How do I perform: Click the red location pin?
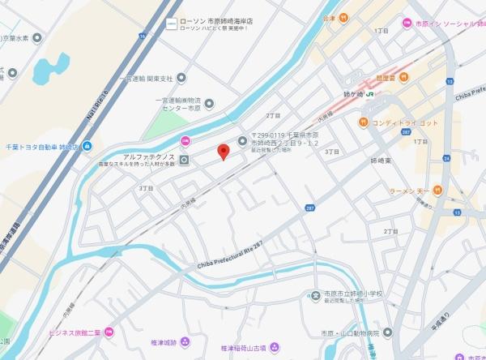click(x=224, y=151)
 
